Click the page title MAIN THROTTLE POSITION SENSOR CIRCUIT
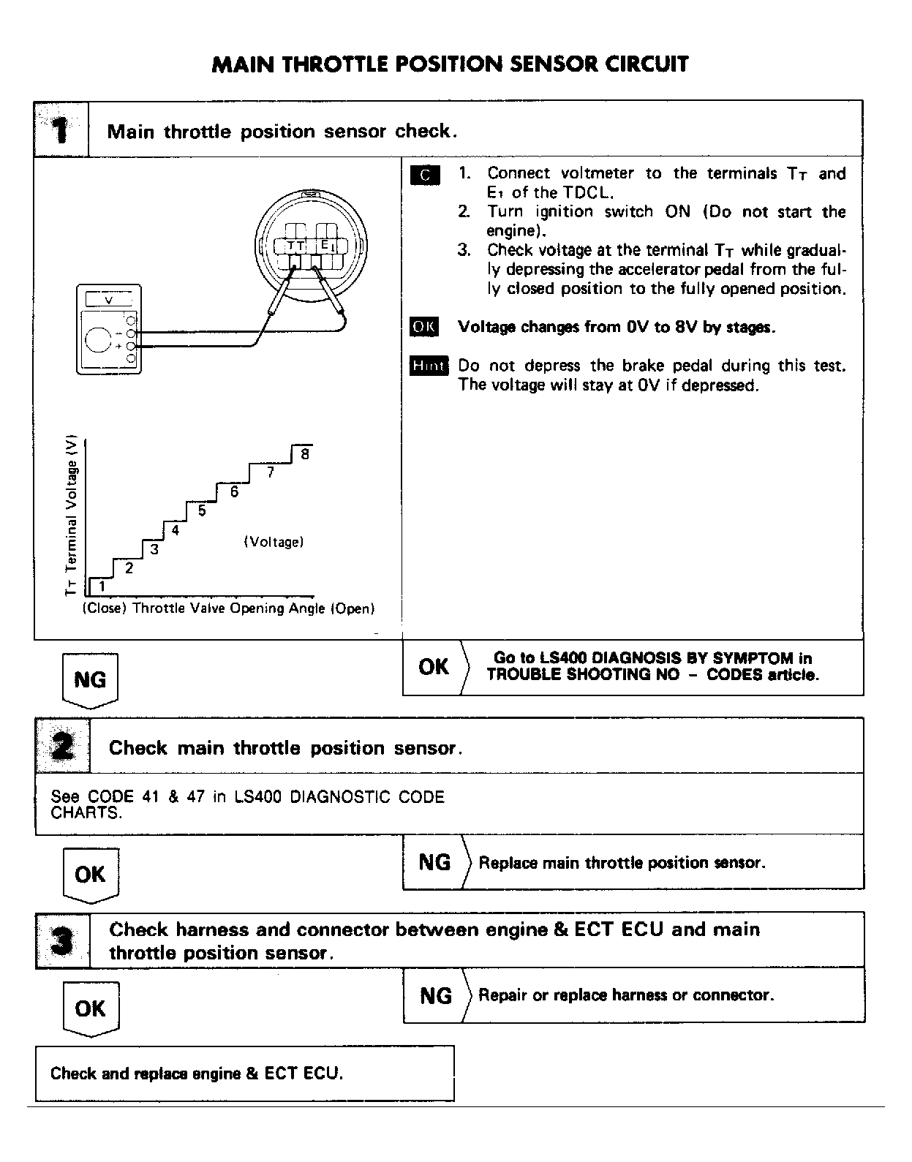tap(450, 64)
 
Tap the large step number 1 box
tap(61, 129)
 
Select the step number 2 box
tap(63, 747)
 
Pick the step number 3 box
tap(63, 941)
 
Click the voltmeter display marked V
tap(109, 299)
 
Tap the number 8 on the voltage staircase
tap(305, 454)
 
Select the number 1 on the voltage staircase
tap(102, 586)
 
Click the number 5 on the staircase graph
tap(202, 510)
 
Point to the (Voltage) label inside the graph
tap(273, 542)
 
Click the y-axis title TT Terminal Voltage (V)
tap(71, 516)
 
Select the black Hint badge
tap(429, 366)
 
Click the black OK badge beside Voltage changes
tap(424, 327)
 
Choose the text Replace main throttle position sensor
tap(622, 863)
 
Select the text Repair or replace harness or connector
tap(625, 995)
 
